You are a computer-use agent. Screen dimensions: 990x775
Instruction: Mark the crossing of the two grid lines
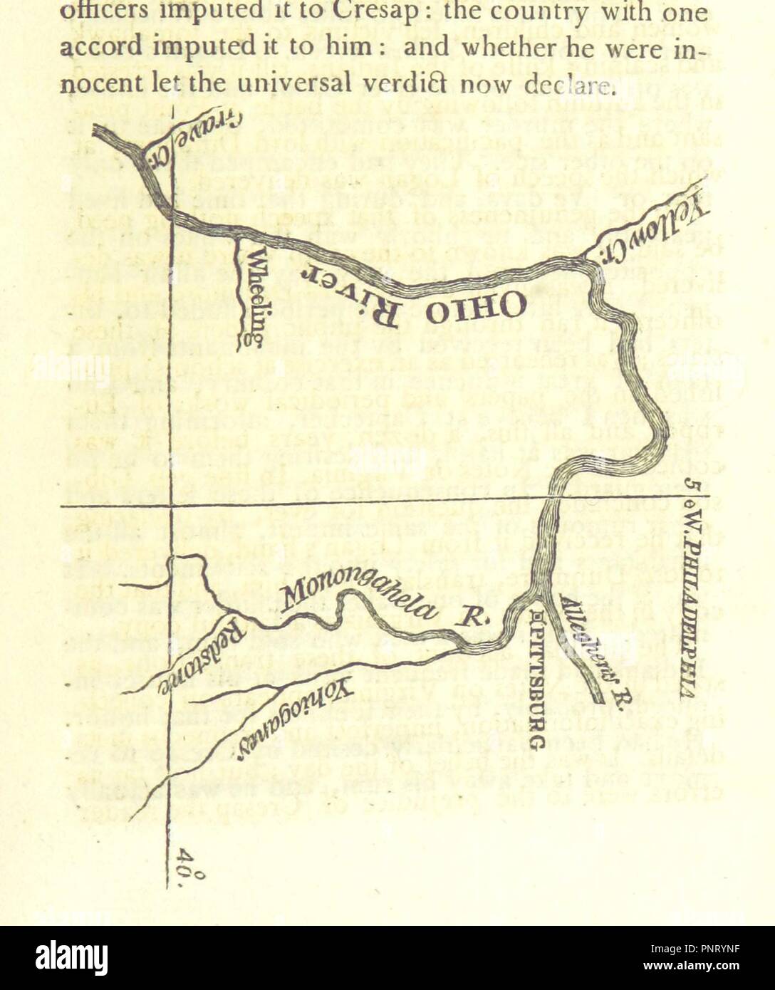[172, 506]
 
